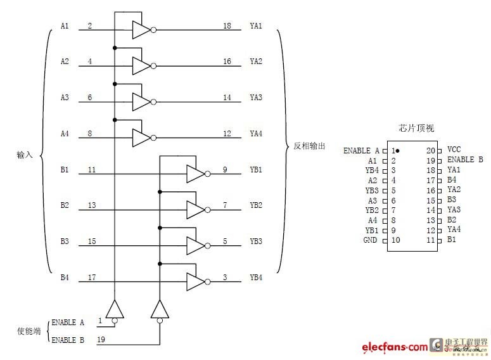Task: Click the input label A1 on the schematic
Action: click(64, 26)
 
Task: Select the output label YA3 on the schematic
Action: click(256, 98)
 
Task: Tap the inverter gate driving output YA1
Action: click(141, 29)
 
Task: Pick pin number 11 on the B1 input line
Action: click(92, 170)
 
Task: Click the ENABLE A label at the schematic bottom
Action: click(68, 323)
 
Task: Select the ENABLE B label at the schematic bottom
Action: click(68, 340)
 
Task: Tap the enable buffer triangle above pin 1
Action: click(114, 309)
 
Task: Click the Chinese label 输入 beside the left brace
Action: click(25, 155)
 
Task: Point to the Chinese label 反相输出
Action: click(309, 146)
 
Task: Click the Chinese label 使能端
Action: click(27, 331)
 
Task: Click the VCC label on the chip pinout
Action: click(454, 150)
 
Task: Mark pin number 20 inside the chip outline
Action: click(431, 150)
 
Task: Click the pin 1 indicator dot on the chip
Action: click(398, 151)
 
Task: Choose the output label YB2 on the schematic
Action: click(256, 205)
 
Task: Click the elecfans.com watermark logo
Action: click(395, 347)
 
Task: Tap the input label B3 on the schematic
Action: click(64, 241)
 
